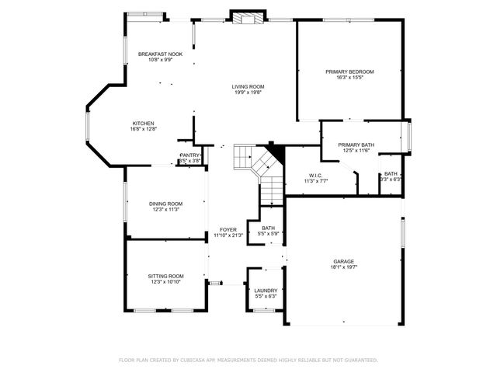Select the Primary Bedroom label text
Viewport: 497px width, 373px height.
[349, 71]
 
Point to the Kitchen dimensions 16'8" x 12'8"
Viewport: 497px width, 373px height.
[144, 130]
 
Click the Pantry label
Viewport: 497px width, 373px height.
[189, 155]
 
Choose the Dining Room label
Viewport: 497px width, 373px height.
[165, 204]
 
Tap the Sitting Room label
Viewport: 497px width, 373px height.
[165, 276]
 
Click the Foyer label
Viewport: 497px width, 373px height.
[228, 229]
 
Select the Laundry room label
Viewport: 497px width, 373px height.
[266, 290]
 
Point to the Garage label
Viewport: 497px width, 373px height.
[344, 261]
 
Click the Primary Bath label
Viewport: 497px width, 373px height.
[356, 145]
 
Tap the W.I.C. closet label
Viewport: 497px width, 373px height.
[315, 175]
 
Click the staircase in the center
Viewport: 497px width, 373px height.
[262, 167]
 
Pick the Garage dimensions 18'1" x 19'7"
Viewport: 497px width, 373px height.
[344, 267]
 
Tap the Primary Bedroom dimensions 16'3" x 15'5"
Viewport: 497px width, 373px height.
[349, 78]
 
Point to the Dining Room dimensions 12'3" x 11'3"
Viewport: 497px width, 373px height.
[165, 210]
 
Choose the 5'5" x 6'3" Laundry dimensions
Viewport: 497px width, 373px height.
[266, 296]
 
